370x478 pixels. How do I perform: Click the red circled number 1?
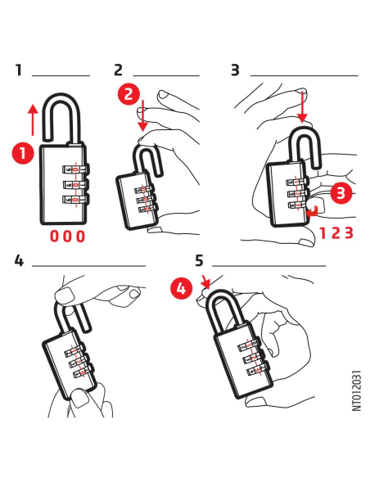coord(23,153)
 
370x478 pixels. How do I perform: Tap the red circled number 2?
coord(129,93)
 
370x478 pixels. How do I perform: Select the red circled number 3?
coord(341,192)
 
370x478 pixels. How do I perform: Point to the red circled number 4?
coord(182,288)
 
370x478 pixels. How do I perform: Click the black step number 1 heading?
coord(19,70)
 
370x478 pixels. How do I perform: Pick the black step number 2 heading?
coord(118,70)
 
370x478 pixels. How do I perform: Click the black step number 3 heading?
coord(235,70)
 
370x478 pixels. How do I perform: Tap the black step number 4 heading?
coord(19,260)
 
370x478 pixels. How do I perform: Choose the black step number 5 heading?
coord(199,260)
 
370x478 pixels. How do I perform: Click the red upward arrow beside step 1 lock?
coord(33,120)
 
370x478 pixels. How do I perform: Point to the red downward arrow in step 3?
coord(302,106)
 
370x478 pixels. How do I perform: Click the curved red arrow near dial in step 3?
coord(313,212)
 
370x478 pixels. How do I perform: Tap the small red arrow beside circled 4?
coord(206,282)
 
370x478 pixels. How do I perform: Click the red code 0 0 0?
coord(67,237)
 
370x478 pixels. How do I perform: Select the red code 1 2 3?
coord(336,233)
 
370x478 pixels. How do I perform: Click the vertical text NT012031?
coord(357,390)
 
